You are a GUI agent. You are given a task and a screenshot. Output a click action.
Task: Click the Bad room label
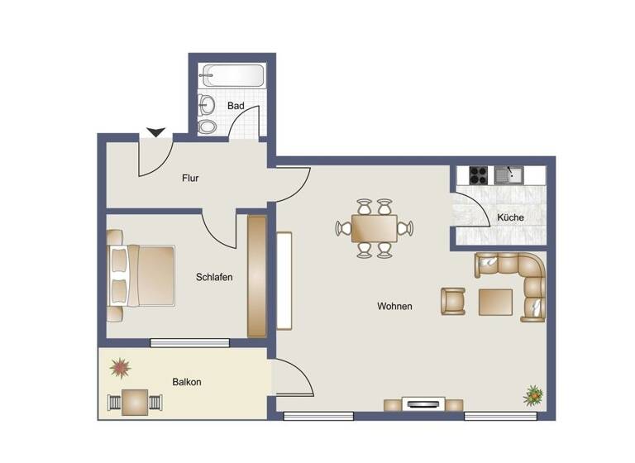[x=236, y=106]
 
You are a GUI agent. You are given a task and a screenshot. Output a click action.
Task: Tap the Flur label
[x=190, y=178]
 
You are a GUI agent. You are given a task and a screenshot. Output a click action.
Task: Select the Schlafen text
[x=214, y=278]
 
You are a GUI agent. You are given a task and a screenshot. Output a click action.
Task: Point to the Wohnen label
[x=394, y=306]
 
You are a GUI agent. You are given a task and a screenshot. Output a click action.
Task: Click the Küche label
[x=510, y=217]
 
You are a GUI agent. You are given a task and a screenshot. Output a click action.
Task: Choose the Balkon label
[x=187, y=382]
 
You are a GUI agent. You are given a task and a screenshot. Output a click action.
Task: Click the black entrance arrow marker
[x=155, y=132]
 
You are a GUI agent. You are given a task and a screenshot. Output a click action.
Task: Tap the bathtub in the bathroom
[x=231, y=77]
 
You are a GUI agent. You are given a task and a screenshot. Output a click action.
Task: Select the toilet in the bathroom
[x=208, y=126]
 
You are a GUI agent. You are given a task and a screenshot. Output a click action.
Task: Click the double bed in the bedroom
[x=142, y=275]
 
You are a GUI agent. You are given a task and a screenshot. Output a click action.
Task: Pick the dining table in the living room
[x=374, y=227]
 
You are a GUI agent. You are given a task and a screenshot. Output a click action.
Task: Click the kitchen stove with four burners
[x=478, y=174]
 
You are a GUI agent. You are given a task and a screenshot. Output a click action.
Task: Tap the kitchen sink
[x=509, y=174]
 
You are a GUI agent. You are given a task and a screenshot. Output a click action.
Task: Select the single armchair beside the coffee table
[x=453, y=301]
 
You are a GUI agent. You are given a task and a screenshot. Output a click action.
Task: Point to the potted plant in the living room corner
[x=533, y=396]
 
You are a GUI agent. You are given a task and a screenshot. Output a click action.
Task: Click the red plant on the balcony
[x=122, y=367]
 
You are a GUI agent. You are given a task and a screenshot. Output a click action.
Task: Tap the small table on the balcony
[x=135, y=402]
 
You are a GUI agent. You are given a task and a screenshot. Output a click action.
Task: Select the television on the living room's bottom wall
[x=423, y=404]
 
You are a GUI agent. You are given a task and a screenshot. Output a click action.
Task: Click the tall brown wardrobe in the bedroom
[x=257, y=276]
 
